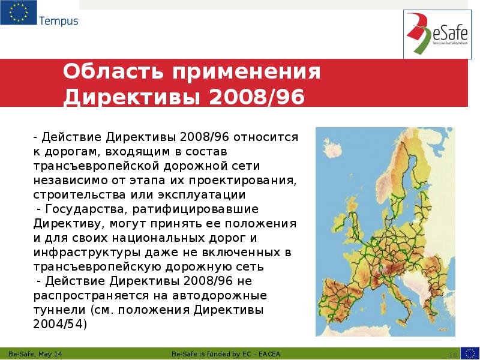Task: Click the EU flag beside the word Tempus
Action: point(18,13)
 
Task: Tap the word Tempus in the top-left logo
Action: point(58,22)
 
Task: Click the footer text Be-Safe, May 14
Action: point(36,353)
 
